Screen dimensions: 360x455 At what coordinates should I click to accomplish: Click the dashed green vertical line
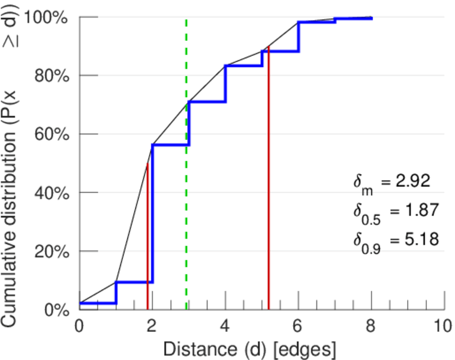[x=186, y=180]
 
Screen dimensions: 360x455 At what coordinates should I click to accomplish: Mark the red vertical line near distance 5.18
[x=269, y=180]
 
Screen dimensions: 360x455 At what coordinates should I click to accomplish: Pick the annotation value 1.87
[x=421, y=211]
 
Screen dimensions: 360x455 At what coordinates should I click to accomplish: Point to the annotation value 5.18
[x=421, y=239]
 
